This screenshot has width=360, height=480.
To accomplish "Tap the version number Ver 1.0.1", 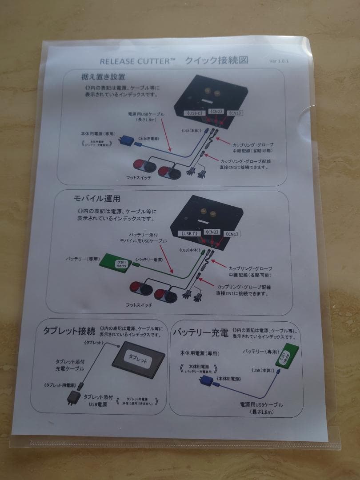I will coord(279,61).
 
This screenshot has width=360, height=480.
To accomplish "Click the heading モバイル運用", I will coord(96,198).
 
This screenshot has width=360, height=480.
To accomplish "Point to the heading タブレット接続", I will coord(69,331).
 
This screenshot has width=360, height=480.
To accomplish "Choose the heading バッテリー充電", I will coord(200,332).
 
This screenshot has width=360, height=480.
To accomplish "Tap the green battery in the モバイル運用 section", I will coord(116,263).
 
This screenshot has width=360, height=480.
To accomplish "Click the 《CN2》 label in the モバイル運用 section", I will coord(212,232).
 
